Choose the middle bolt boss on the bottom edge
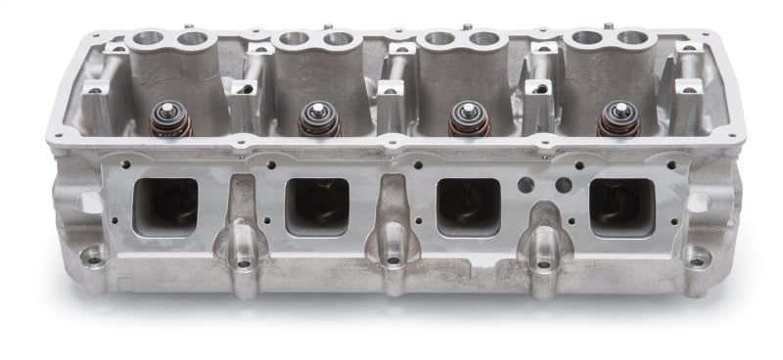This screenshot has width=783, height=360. (x=391, y=259)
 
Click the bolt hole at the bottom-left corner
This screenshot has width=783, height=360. (x=93, y=258)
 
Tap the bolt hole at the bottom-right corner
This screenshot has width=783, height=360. (x=697, y=260)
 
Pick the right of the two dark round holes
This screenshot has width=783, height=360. (x=564, y=184)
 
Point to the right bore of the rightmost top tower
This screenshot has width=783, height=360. (x=634, y=39)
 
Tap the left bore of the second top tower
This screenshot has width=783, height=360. (x=292, y=40)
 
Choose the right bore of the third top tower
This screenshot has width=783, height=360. (x=485, y=39)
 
